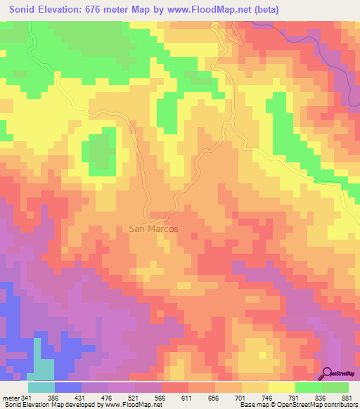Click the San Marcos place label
[x=153, y=229]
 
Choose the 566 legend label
[x=175, y=398]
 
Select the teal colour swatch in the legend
[x=41, y=387]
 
